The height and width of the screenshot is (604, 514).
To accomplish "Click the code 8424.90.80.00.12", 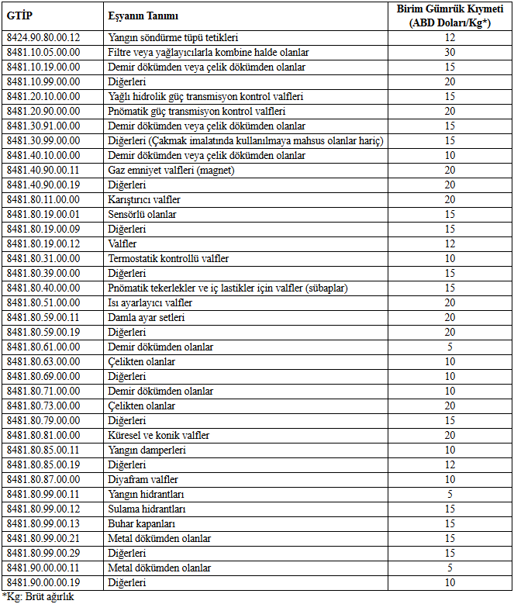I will click(43, 37).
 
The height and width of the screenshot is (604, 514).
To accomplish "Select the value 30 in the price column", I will click(450, 52).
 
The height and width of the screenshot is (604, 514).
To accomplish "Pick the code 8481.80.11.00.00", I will click(43, 199).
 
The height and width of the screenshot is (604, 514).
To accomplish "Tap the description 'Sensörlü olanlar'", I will click(143, 214).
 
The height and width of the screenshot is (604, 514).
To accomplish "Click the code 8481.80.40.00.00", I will click(43, 288).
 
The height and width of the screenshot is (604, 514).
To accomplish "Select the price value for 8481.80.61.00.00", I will click(450, 347).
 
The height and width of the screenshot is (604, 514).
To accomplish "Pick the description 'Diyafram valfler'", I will click(143, 479).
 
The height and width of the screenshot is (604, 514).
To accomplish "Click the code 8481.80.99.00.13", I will click(43, 523).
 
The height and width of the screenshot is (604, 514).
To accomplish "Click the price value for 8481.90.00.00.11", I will click(450, 568).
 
